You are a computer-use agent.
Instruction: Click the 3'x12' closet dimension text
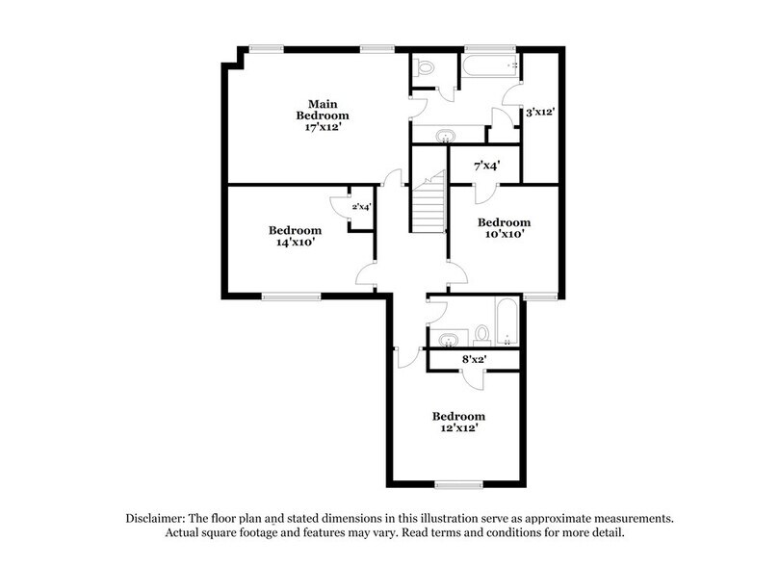pos(539,113)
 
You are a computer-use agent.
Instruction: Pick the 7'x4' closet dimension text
pos(487,166)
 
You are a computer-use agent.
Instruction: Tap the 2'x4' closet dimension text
pos(361,206)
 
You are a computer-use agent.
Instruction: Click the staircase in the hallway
pos(428,205)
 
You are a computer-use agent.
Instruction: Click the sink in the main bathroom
pos(446,135)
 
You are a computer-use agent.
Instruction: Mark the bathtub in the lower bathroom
pos(506,321)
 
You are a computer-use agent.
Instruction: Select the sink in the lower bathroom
pos(446,338)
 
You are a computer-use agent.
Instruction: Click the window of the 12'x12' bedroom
pos(457,483)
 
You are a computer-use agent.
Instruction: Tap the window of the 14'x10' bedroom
pos(284,296)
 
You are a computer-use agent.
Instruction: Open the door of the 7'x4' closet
pos(461,190)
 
